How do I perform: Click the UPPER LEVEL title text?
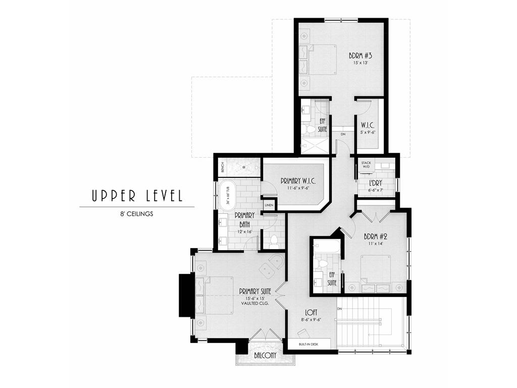(x=136, y=196)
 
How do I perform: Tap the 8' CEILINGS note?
(x=136, y=214)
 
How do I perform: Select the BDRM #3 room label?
(x=360, y=56)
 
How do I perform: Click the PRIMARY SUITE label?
(x=255, y=292)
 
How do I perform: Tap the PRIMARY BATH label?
(x=244, y=218)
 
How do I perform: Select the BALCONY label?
(x=265, y=356)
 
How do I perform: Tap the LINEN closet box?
(x=269, y=206)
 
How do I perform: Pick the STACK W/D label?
(x=366, y=165)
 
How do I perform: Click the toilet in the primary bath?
(x=274, y=241)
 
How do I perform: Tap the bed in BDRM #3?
(x=318, y=60)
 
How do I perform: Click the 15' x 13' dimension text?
(x=360, y=63)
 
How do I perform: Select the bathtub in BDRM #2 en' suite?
(x=326, y=248)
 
